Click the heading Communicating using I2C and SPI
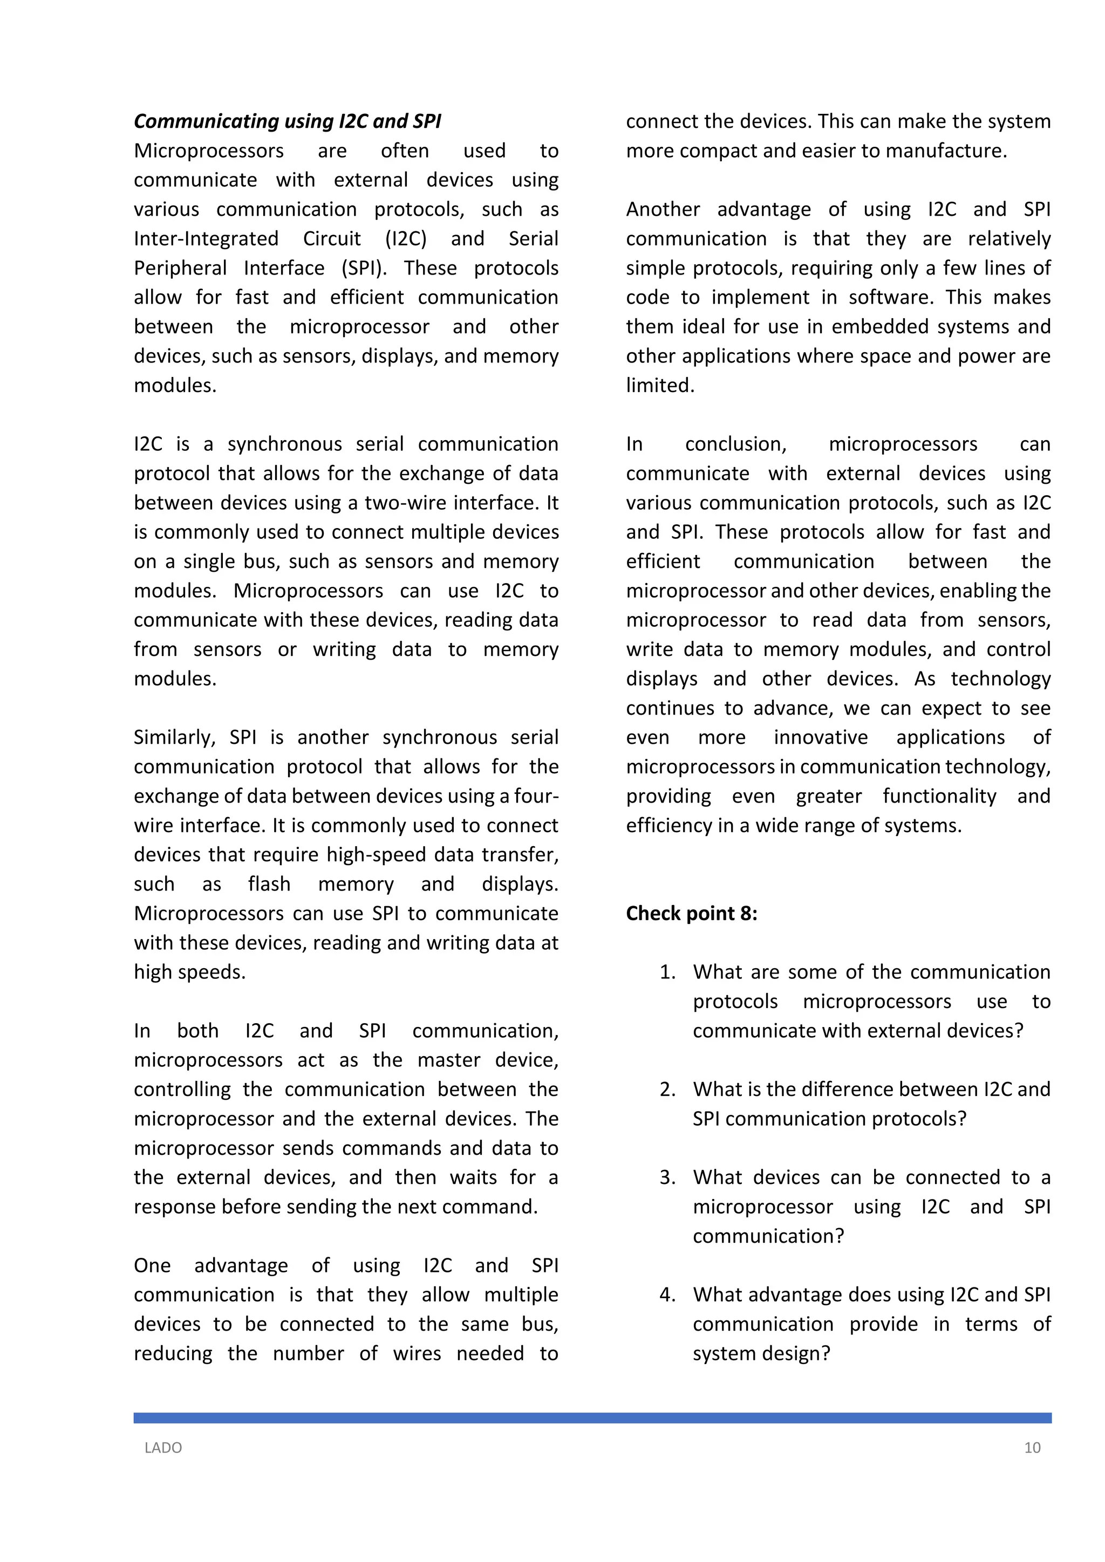point(287,121)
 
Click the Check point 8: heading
point(691,913)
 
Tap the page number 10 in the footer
point(1032,1448)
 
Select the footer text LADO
point(163,1448)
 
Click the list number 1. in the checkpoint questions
point(667,972)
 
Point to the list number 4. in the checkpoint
point(667,1294)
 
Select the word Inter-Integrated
point(206,239)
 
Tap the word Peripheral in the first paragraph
point(180,268)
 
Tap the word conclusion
point(735,444)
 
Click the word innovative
point(821,737)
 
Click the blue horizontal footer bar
point(592,1418)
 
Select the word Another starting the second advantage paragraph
point(663,209)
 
